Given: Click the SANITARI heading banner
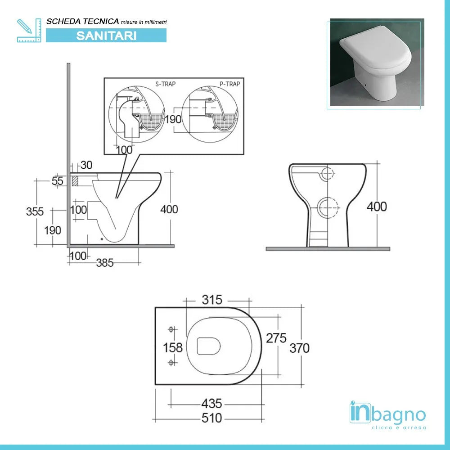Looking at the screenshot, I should click(106, 36).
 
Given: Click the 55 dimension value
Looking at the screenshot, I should click(57, 181).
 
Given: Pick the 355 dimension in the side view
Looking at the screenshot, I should click(35, 211).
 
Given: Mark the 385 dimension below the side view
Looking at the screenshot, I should click(105, 263).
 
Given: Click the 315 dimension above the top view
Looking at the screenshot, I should click(212, 300).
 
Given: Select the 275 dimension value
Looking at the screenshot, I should click(276, 338).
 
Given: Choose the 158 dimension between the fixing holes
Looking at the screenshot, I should click(173, 347).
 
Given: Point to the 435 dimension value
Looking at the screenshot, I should click(211, 403).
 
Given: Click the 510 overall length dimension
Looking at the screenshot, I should click(211, 418).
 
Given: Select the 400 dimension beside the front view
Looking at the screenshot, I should click(377, 207).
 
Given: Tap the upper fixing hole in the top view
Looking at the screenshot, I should click(171, 330).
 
